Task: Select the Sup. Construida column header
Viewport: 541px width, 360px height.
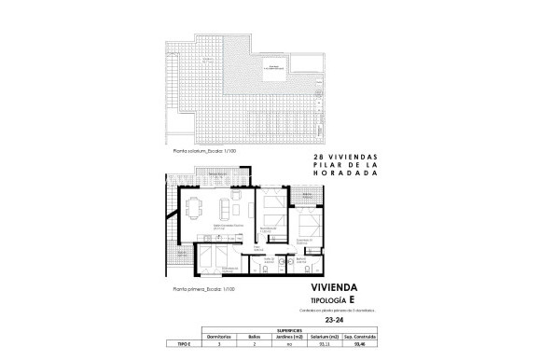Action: [x=355, y=337]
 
